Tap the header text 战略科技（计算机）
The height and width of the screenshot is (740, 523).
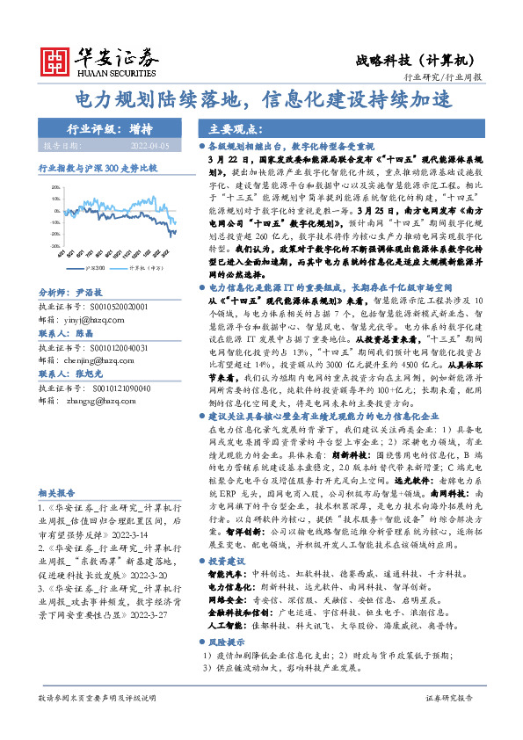(x=427, y=60)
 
